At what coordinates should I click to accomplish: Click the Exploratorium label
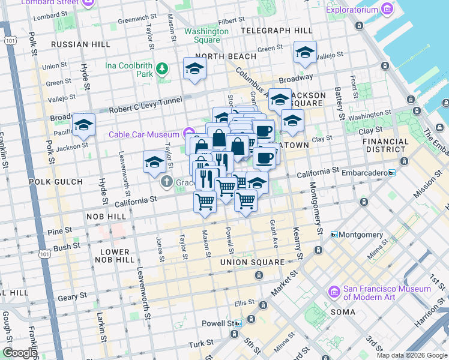(x=352, y=10)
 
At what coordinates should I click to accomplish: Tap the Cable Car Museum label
(x=143, y=134)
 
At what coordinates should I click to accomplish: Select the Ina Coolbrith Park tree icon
(x=161, y=69)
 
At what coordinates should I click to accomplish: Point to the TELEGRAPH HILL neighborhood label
(x=276, y=30)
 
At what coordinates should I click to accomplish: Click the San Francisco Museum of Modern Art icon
(x=334, y=292)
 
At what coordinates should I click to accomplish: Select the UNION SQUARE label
(x=252, y=262)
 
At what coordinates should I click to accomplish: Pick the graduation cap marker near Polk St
(x=83, y=126)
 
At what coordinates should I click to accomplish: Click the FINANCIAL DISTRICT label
(x=385, y=146)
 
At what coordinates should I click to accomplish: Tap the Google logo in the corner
(x=19, y=353)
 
